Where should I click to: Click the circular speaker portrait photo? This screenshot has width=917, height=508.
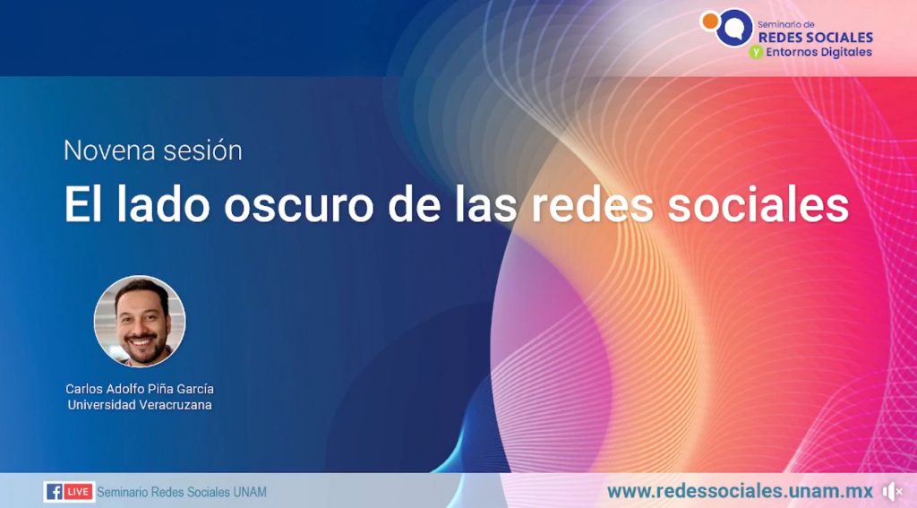[140, 321]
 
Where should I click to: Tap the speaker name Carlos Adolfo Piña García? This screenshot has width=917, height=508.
[140, 389]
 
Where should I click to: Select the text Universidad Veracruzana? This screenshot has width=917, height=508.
[140, 405]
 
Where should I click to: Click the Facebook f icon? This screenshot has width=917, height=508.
[54, 492]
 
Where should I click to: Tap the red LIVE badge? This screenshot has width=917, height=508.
[79, 492]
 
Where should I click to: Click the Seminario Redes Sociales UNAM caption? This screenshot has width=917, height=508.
[181, 492]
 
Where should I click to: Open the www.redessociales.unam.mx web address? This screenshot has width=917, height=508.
[740, 491]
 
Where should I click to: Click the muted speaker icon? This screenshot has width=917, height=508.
[892, 491]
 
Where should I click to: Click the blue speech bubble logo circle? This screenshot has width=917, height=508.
[734, 27]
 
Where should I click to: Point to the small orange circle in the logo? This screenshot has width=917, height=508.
[708, 19]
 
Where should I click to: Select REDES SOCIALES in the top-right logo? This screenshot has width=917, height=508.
[815, 37]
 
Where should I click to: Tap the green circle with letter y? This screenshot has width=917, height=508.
[756, 52]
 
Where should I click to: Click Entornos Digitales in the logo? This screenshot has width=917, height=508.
[818, 52]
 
